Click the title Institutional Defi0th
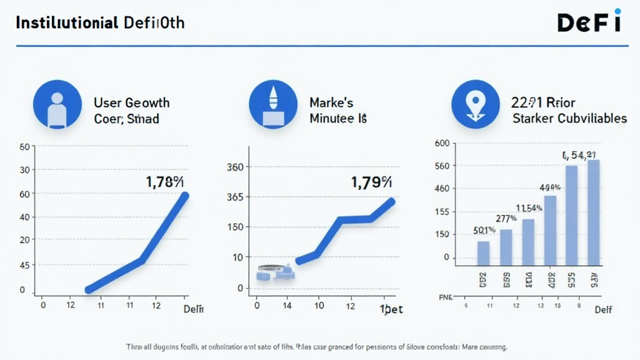tap(100, 23)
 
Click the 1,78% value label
tap(165, 182)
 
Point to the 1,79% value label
tap(371, 182)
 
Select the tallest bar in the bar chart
tap(593, 212)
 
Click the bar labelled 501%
tap(483, 253)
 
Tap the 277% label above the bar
tap(506, 219)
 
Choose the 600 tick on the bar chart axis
tap(442, 143)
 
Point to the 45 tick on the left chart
tap(25, 265)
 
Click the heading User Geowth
tap(131, 102)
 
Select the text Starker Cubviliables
tap(569, 118)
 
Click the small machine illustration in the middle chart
tap(276, 272)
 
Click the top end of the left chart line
tap(185, 196)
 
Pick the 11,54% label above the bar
tap(528, 208)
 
